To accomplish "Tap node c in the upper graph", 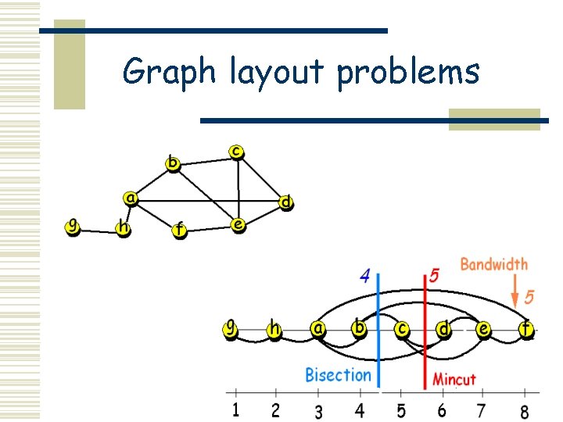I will [236, 150].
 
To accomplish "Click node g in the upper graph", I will [73, 227].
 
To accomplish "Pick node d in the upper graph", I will [286, 203].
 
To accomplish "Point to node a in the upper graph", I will [131, 198].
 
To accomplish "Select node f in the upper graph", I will [180, 230].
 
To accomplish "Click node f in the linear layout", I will [525, 330].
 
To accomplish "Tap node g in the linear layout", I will [231, 328].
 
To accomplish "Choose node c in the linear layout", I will [401, 329].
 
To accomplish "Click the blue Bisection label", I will [338, 375].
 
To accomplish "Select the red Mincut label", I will [454, 380].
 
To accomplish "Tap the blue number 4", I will [364, 276].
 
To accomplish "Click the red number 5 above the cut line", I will [434, 277].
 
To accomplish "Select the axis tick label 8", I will [524, 410].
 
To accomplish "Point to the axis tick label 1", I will [236, 409].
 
